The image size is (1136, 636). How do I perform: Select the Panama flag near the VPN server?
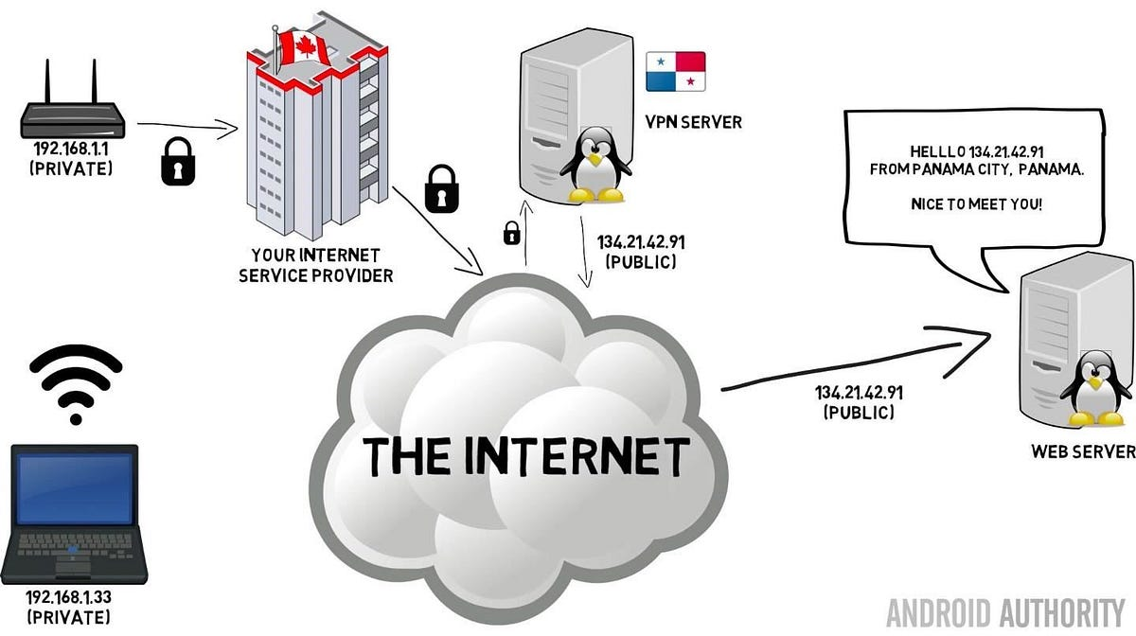coord(675,71)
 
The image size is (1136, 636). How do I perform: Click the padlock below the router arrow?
coord(180,161)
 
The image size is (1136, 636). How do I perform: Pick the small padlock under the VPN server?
coord(511,232)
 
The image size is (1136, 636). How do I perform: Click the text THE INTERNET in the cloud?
coord(526,457)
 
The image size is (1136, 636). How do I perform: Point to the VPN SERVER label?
coord(693,121)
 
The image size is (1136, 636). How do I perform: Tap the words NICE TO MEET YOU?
coord(976,203)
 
